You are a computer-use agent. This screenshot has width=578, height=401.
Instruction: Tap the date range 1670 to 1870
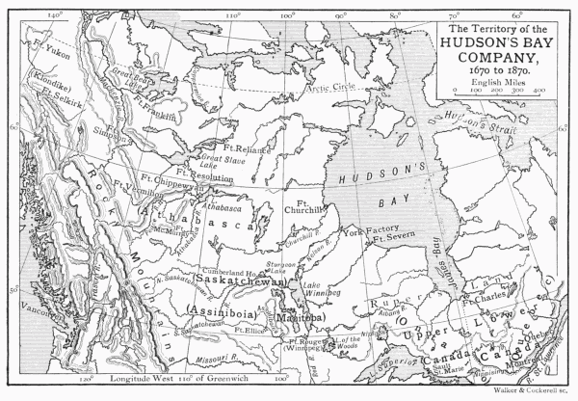click(x=503, y=70)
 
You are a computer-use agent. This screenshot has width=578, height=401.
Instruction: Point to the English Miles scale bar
click(x=501, y=94)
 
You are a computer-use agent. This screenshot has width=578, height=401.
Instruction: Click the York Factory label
click(x=364, y=231)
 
